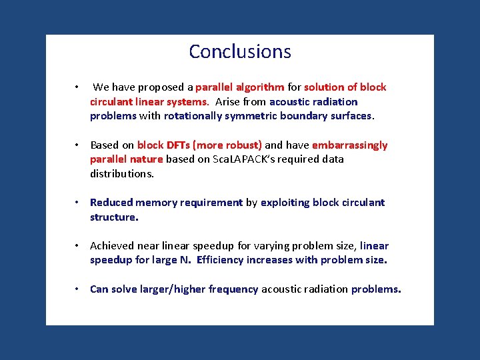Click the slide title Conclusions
240,51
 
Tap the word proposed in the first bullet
161,87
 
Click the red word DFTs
178,145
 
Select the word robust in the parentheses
242,145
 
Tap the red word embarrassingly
349,145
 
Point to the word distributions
122,174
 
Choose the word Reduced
111,203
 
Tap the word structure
114,217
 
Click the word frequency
233,289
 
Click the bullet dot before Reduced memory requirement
78,203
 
